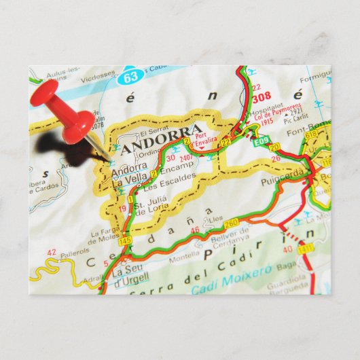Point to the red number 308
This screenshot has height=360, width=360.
click(262, 98)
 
